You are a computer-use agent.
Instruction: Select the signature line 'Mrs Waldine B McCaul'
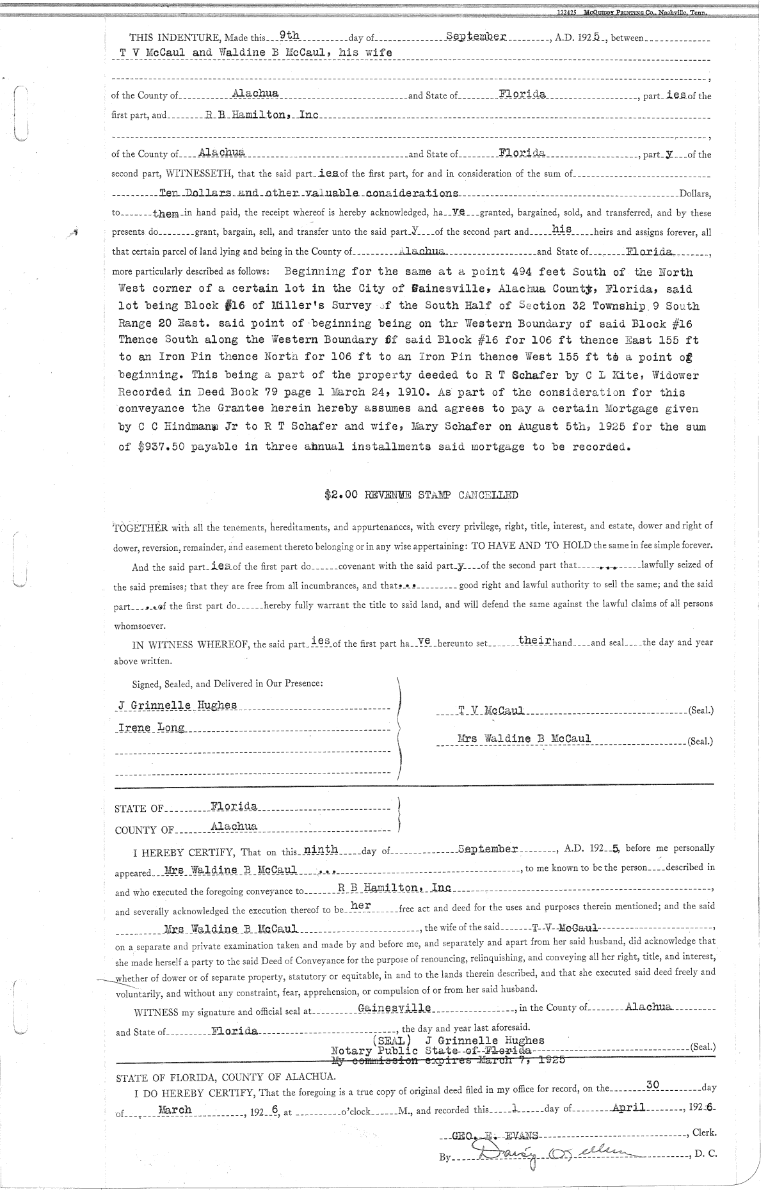coord(524,739)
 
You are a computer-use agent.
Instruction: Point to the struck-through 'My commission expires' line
coord(448,1061)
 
